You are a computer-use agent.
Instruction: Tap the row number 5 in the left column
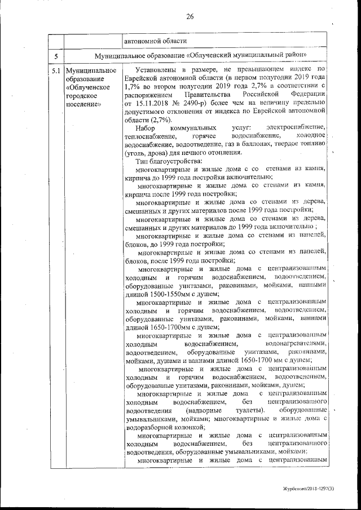point(55,56)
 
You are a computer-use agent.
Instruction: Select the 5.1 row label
point(55,72)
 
